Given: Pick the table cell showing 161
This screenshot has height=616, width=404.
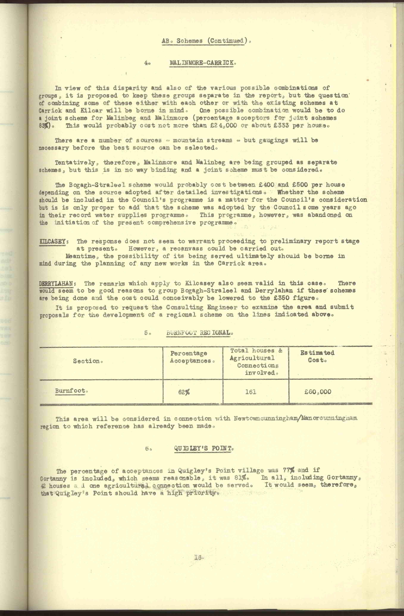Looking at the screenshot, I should pyautogui.click(x=251, y=392).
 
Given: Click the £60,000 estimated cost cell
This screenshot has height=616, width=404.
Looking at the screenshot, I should pyautogui.click(x=318, y=392).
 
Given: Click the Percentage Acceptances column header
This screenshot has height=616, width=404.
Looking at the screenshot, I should pyautogui.click(x=192, y=357).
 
